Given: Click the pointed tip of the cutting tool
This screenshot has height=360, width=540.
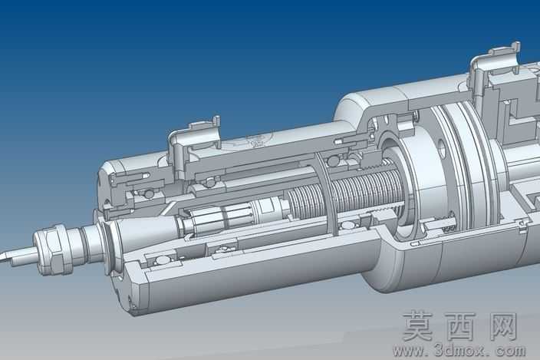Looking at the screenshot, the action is [x=1, y=259].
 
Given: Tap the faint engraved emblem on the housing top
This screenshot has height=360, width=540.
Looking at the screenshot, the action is [x=258, y=139].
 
